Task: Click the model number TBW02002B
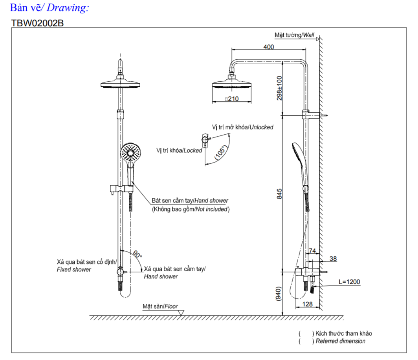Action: pos(37,23)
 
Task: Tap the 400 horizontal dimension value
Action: pos(269,47)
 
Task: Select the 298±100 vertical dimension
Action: pos(280,88)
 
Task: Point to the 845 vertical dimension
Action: pos(280,193)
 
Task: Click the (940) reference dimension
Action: pos(279,294)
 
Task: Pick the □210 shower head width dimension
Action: pos(232,99)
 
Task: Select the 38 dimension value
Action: pos(333,259)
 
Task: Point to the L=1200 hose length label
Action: pos(349,282)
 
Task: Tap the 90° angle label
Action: pos(137,255)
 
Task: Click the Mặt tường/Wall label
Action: pos(295,35)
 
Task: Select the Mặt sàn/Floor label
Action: pos(160,306)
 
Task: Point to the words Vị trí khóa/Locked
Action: pos(179,150)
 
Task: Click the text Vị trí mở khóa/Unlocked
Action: pos(242,127)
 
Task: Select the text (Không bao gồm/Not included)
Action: pos(191,209)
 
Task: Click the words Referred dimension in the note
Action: pos(341,341)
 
